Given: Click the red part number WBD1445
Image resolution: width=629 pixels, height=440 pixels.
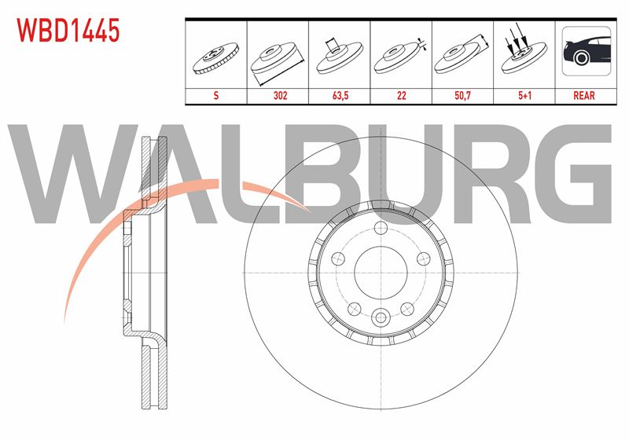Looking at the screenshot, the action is click(68, 31).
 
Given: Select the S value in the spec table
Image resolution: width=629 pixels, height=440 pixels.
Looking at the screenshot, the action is click(216, 95).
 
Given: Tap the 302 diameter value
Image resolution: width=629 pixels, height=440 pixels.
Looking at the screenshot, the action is click(281, 95).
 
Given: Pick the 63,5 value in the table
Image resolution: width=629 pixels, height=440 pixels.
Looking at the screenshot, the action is click(340, 95).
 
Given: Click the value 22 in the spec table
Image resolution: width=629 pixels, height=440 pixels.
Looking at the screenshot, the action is click(401, 95).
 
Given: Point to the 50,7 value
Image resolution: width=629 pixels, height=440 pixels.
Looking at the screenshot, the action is click(462, 95).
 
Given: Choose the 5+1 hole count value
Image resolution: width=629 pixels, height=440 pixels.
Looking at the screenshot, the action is click(524, 95).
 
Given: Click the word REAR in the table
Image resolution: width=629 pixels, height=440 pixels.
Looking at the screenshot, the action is click(584, 95).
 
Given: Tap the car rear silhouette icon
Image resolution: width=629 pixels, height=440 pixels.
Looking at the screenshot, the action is click(587, 51).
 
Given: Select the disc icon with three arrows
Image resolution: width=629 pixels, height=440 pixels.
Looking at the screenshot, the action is click(524, 50).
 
